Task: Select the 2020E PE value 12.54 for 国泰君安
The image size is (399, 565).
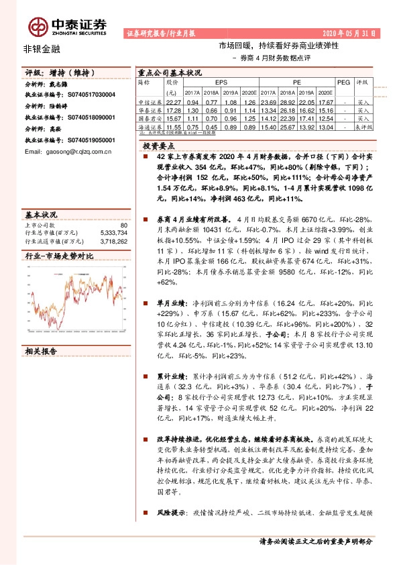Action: click(325, 117)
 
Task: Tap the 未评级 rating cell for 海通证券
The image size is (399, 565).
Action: click(364, 126)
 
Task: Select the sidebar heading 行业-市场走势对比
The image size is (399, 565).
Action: click(59, 256)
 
